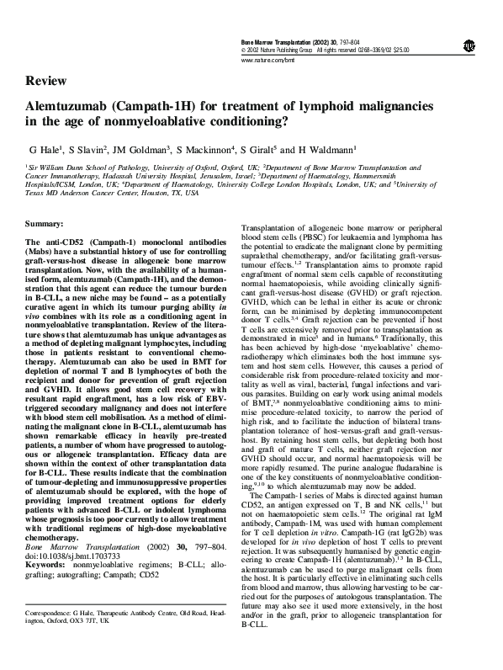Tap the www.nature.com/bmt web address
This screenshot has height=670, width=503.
click(267, 61)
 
